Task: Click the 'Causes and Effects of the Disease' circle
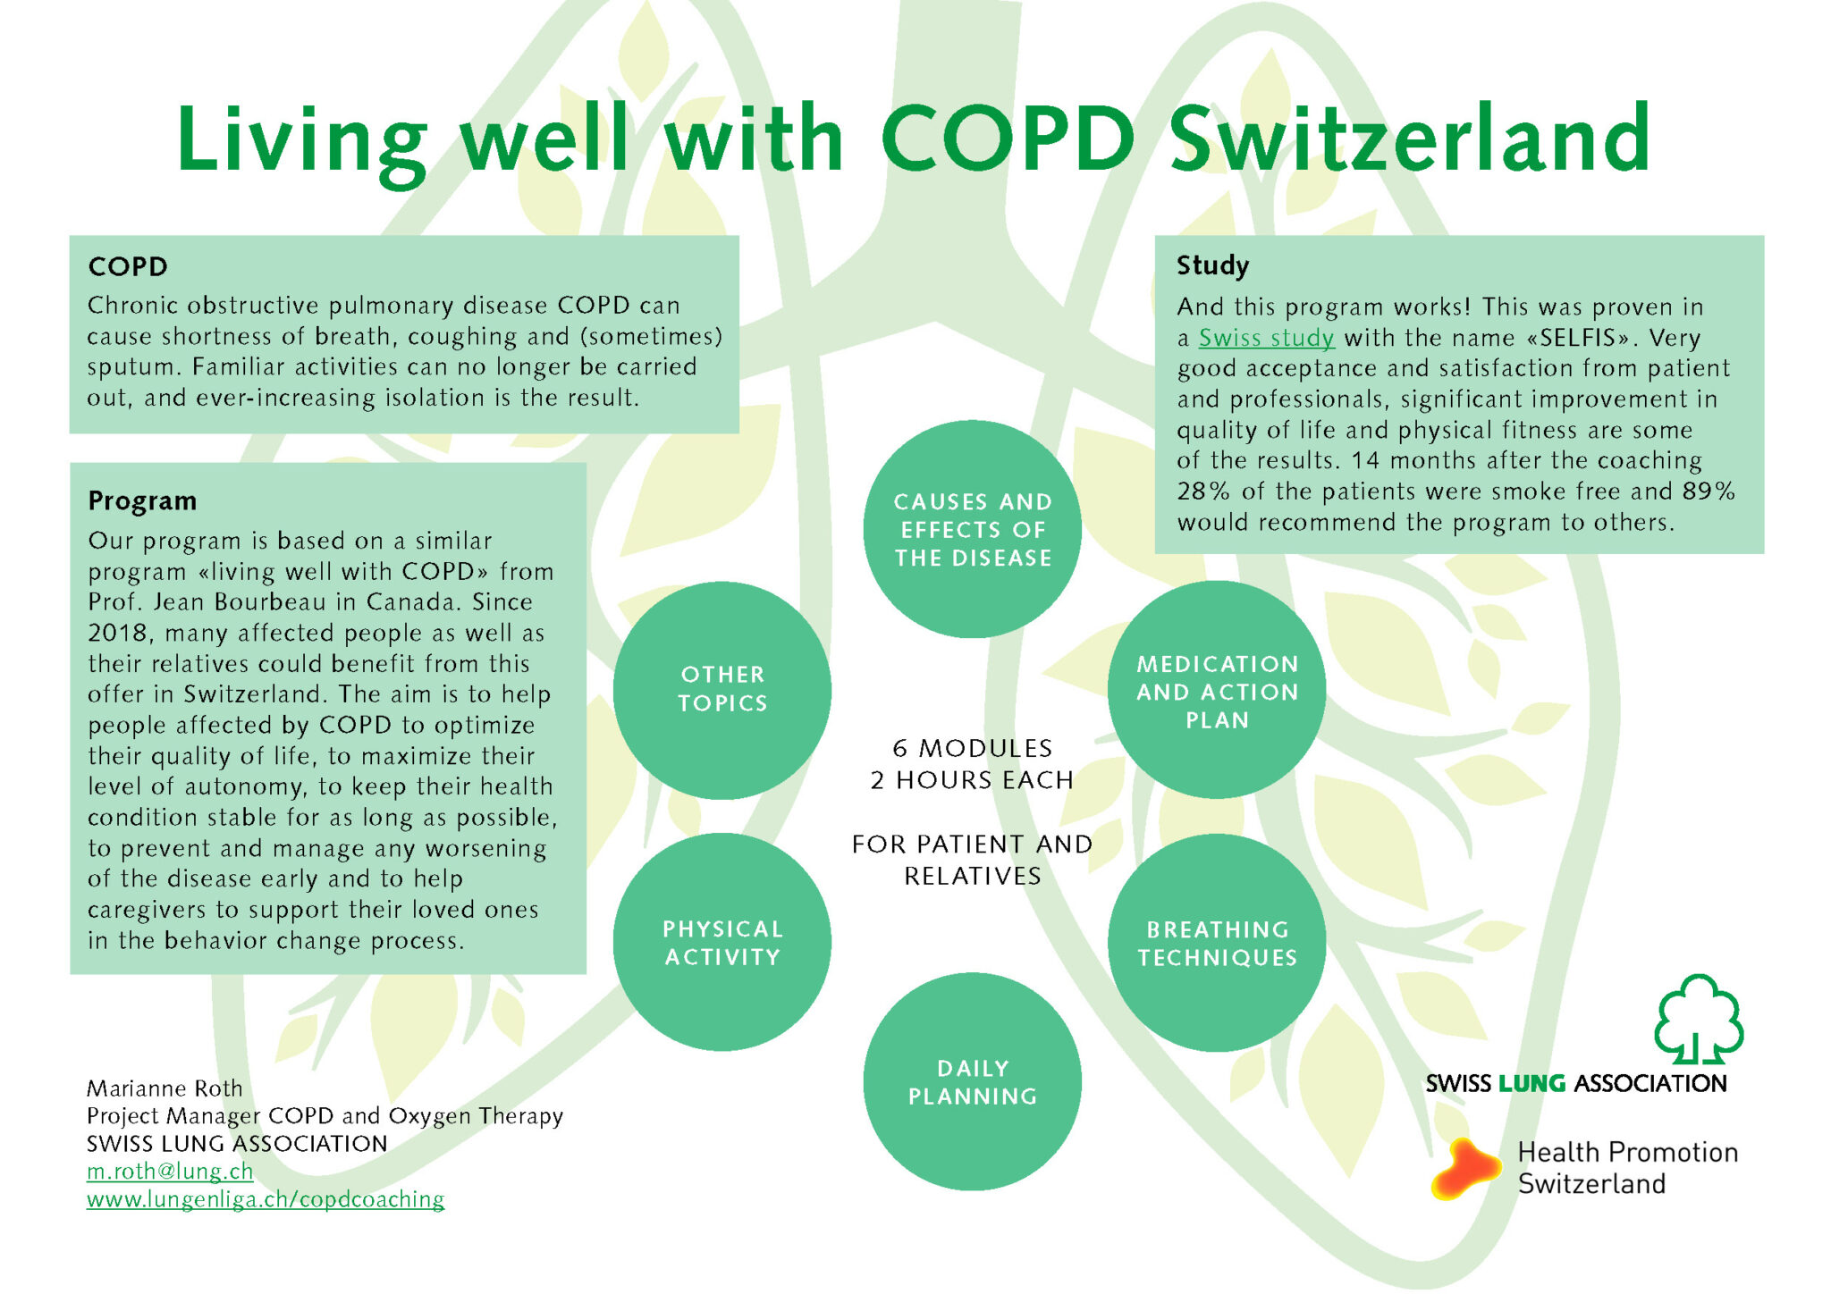pos(972,529)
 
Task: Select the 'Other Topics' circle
pos(722,690)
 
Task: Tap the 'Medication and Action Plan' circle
pos(1217,690)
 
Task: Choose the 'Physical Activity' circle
pos(722,942)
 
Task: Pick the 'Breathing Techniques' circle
pos(1217,942)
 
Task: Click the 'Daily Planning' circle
pos(972,1081)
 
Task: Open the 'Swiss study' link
pos(1266,338)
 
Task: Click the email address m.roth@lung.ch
pos(170,1171)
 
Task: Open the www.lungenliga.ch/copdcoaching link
pos(266,1199)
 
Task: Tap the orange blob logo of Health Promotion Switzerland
pos(1466,1168)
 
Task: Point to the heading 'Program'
pos(142,500)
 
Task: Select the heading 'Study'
pos(1212,265)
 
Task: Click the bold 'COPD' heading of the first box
pos(128,266)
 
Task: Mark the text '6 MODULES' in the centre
pos(972,748)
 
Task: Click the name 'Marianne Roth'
pos(165,1088)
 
